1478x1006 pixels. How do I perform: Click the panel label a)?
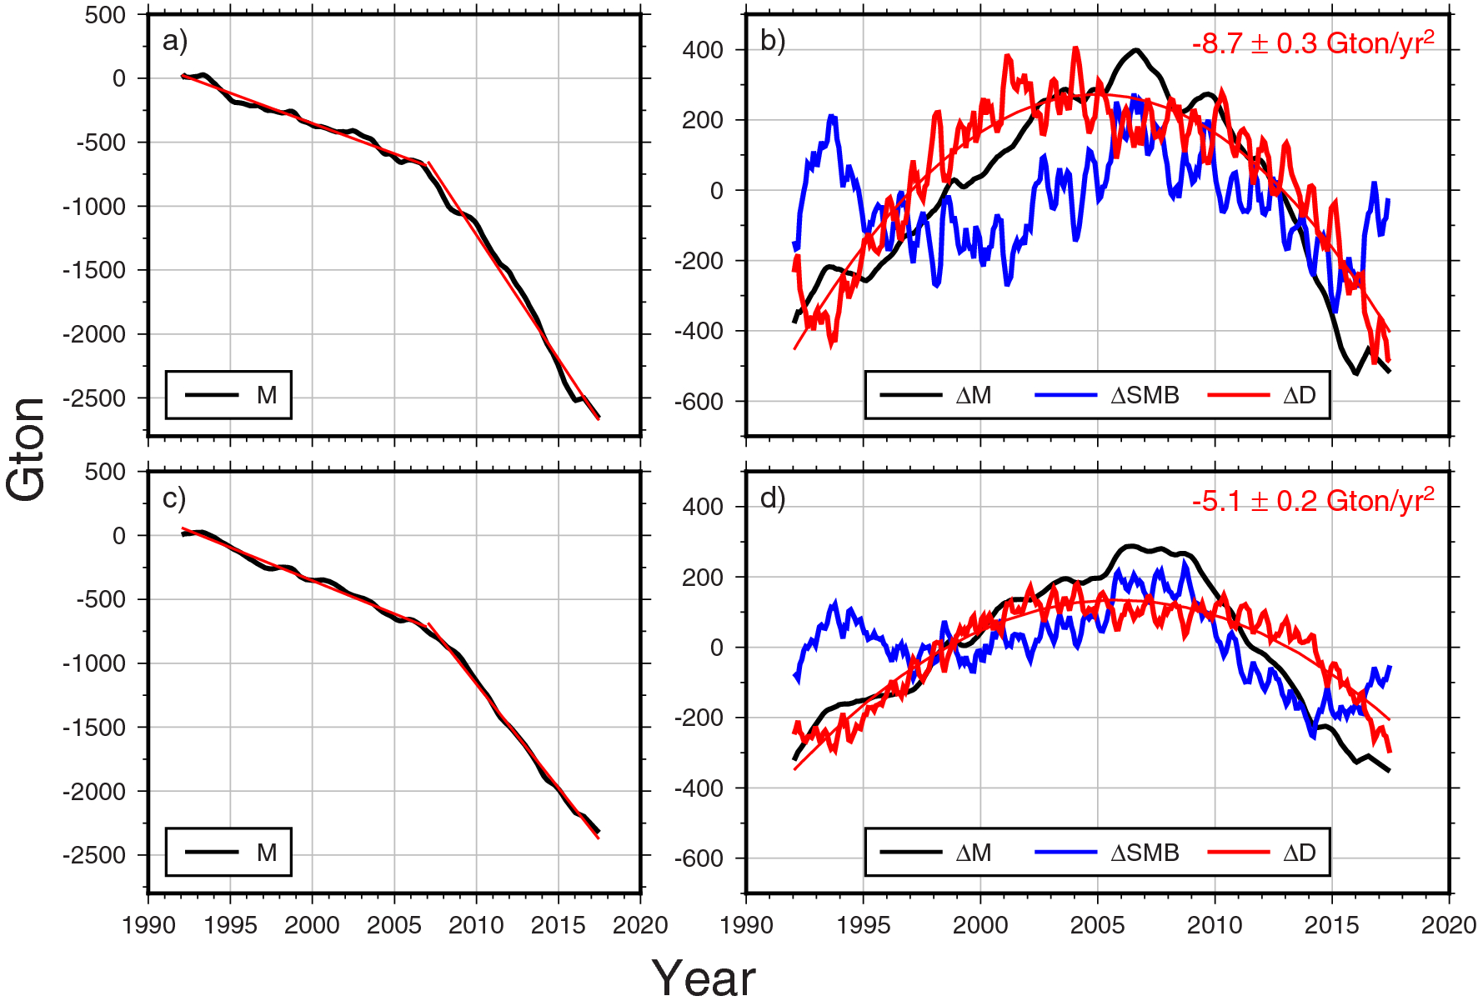[175, 41]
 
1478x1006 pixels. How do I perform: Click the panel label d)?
[773, 498]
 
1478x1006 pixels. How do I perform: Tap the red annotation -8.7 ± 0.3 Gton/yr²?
[1313, 43]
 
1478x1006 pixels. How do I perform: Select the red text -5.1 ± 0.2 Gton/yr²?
[1313, 501]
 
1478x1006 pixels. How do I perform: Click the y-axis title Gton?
[27, 450]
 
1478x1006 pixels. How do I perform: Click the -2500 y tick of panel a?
[94, 398]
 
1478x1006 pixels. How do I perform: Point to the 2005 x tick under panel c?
[393, 925]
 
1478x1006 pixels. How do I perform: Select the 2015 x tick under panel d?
[1331, 925]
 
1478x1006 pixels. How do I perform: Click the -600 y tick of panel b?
[699, 402]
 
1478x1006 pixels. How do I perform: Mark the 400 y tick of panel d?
[703, 507]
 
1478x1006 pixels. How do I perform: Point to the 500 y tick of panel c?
[105, 472]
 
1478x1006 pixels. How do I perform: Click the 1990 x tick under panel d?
[746, 925]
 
